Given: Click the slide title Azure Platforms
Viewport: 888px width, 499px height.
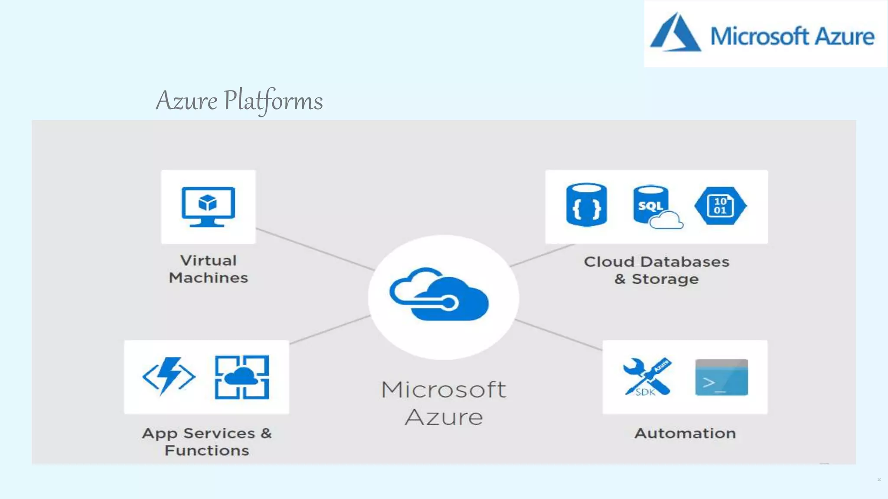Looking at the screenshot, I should click(x=239, y=100).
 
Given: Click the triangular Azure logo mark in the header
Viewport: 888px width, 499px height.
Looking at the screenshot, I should click(x=675, y=33).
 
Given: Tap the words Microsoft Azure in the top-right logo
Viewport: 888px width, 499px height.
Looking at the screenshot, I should click(x=792, y=36).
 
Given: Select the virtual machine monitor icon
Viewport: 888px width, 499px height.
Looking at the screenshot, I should click(x=208, y=207).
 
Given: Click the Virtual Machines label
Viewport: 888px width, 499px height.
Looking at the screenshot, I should click(x=208, y=269).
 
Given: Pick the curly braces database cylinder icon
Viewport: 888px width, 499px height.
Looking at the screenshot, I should click(x=586, y=205).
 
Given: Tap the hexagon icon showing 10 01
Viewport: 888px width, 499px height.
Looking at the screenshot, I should click(x=720, y=206).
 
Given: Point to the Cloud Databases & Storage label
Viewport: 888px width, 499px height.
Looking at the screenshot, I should click(x=656, y=270).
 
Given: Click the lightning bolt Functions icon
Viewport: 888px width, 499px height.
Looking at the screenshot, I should click(x=169, y=376).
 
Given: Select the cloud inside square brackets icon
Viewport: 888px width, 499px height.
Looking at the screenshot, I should click(x=242, y=377).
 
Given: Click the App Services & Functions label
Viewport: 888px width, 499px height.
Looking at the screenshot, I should click(x=207, y=441).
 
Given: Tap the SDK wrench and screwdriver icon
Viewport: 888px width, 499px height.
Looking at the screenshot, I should click(x=647, y=376).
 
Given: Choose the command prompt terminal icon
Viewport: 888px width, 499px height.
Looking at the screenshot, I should click(x=721, y=377).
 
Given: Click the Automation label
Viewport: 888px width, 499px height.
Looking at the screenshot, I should click(x=685, y=433).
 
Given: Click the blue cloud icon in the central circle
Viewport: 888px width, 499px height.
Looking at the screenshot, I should click(x=439, y=295).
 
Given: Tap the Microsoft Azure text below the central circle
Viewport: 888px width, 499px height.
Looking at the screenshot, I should click(x=444, y=403).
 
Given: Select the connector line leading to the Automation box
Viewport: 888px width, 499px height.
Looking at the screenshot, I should click(x=559, y=335).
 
